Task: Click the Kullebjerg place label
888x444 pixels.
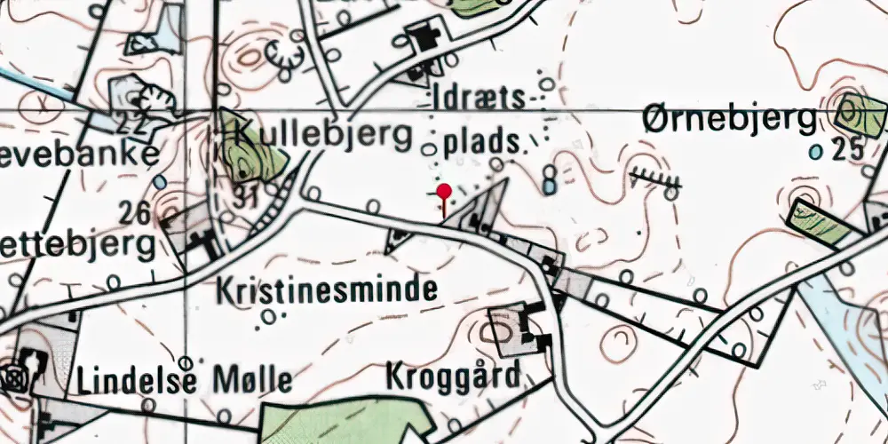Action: (x=325, y=135)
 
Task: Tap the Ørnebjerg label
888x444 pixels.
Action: (x=731, y=118)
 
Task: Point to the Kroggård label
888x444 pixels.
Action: (x=453, y=377)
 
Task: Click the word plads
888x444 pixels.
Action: (x=480, y=142)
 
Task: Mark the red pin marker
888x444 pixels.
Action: (x=444, y=191)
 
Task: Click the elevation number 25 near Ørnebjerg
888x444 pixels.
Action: (x=849, y=149)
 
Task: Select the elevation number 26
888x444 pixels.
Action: (x=135, y=212)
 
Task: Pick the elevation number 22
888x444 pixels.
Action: (x=135, y=125)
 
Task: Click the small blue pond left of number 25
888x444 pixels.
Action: (x=815, y=152)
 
